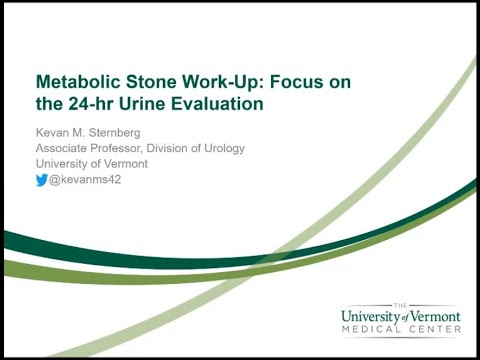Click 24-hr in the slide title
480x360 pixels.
pyautogui.click(x=89, y=102)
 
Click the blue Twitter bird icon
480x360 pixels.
pyautogui.click(x=42, y=180)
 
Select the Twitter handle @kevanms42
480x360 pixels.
pyautogui.click(x=85, y=180)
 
